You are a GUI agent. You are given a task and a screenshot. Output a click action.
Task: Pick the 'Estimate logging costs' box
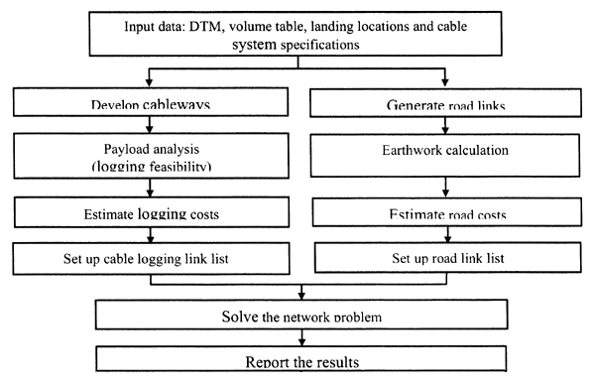coord(148,211)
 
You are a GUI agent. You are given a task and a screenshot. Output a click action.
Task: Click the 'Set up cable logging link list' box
coord(148,259)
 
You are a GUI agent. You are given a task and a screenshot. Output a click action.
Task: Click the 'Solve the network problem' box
coord(297,317)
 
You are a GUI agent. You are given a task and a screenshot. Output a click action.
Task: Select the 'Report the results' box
coord(297,363)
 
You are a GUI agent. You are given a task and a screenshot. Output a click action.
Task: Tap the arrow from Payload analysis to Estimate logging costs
coord(148,190)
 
